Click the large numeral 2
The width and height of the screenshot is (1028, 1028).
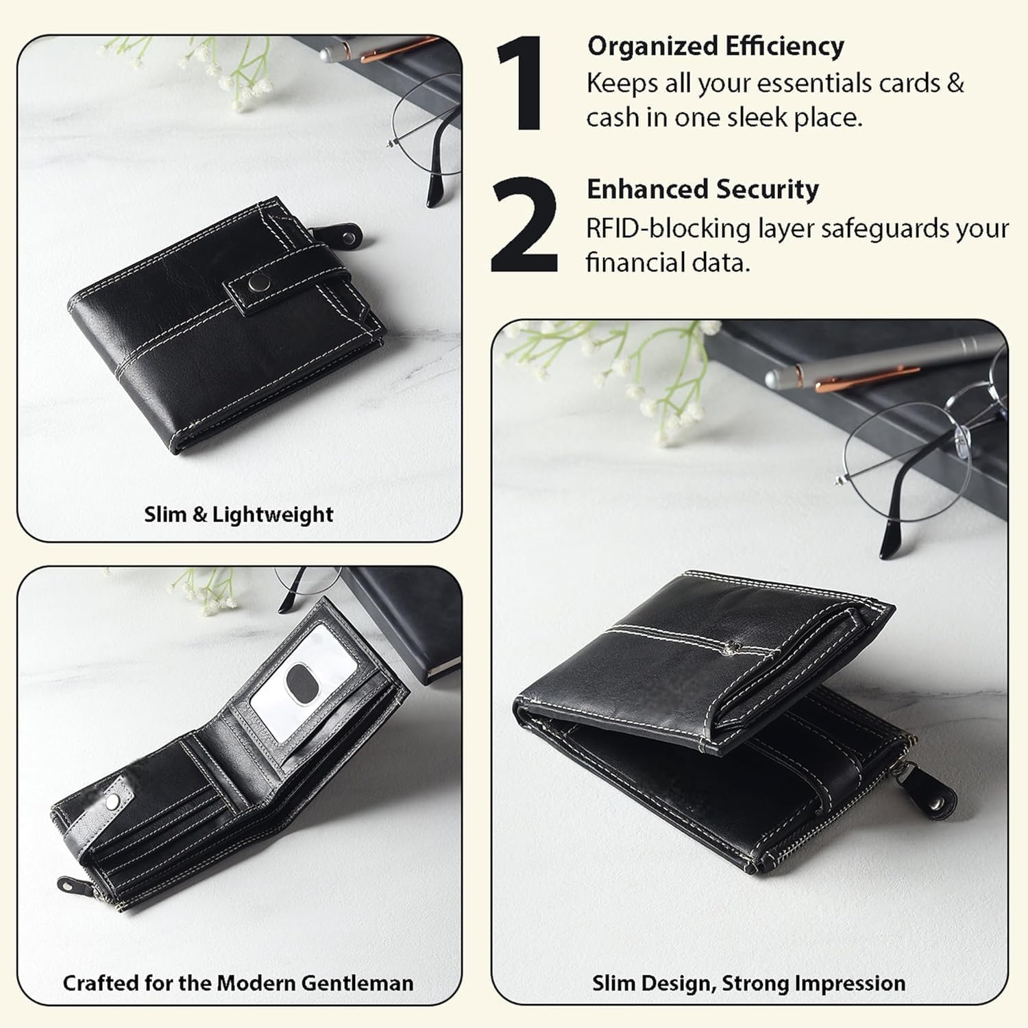[525, 225]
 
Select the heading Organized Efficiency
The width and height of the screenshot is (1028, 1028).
[715, 47]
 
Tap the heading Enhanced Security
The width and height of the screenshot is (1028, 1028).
[702, 189]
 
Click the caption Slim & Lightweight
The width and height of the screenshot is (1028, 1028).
[238, 514]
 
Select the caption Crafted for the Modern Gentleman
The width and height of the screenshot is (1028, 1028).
[238, 983]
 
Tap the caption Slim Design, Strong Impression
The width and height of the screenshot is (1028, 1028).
[748, 983]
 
